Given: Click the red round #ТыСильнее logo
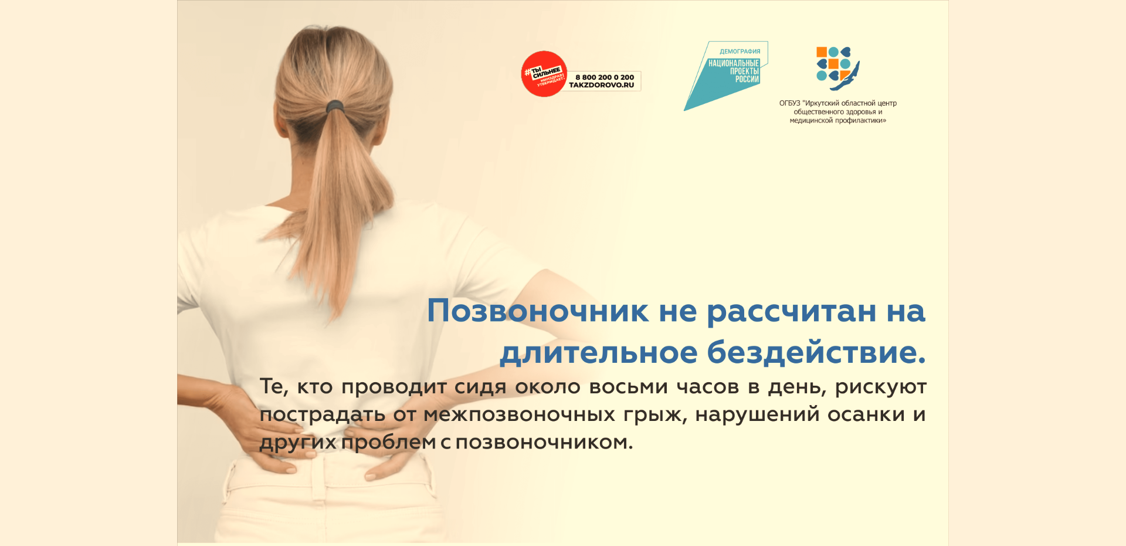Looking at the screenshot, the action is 544,74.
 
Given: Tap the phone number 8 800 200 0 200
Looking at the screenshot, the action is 605,77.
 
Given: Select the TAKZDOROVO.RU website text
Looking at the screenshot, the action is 602,85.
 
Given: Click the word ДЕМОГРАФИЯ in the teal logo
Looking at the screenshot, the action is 740,52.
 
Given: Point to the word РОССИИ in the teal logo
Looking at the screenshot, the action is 747,79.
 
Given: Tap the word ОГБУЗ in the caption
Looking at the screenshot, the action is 789,103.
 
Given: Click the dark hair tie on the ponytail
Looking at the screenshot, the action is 335,106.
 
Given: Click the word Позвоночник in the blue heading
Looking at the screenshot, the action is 538,311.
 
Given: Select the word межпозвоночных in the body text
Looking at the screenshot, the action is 519,415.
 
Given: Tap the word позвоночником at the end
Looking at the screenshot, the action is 544,442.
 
